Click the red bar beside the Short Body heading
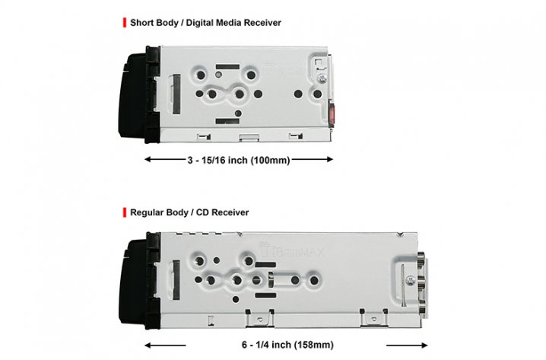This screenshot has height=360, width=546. tap(124, 23)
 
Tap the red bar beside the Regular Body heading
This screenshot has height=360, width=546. tap(124, 212)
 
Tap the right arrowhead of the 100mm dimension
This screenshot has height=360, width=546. tap(330, 160)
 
